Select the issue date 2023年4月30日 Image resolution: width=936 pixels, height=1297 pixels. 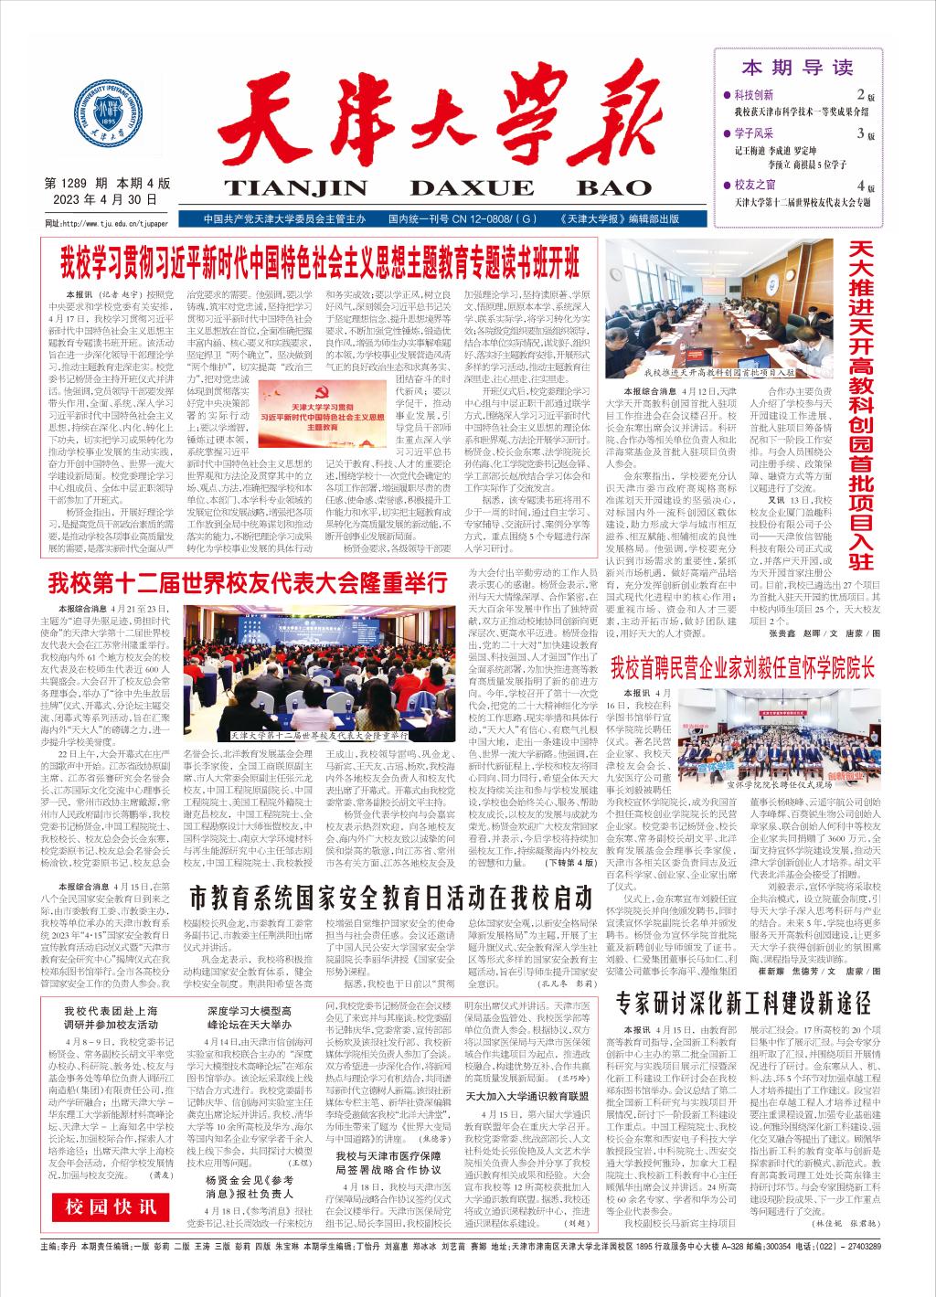[101, 199]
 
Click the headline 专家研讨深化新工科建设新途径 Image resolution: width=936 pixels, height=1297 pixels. [743, 1003]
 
